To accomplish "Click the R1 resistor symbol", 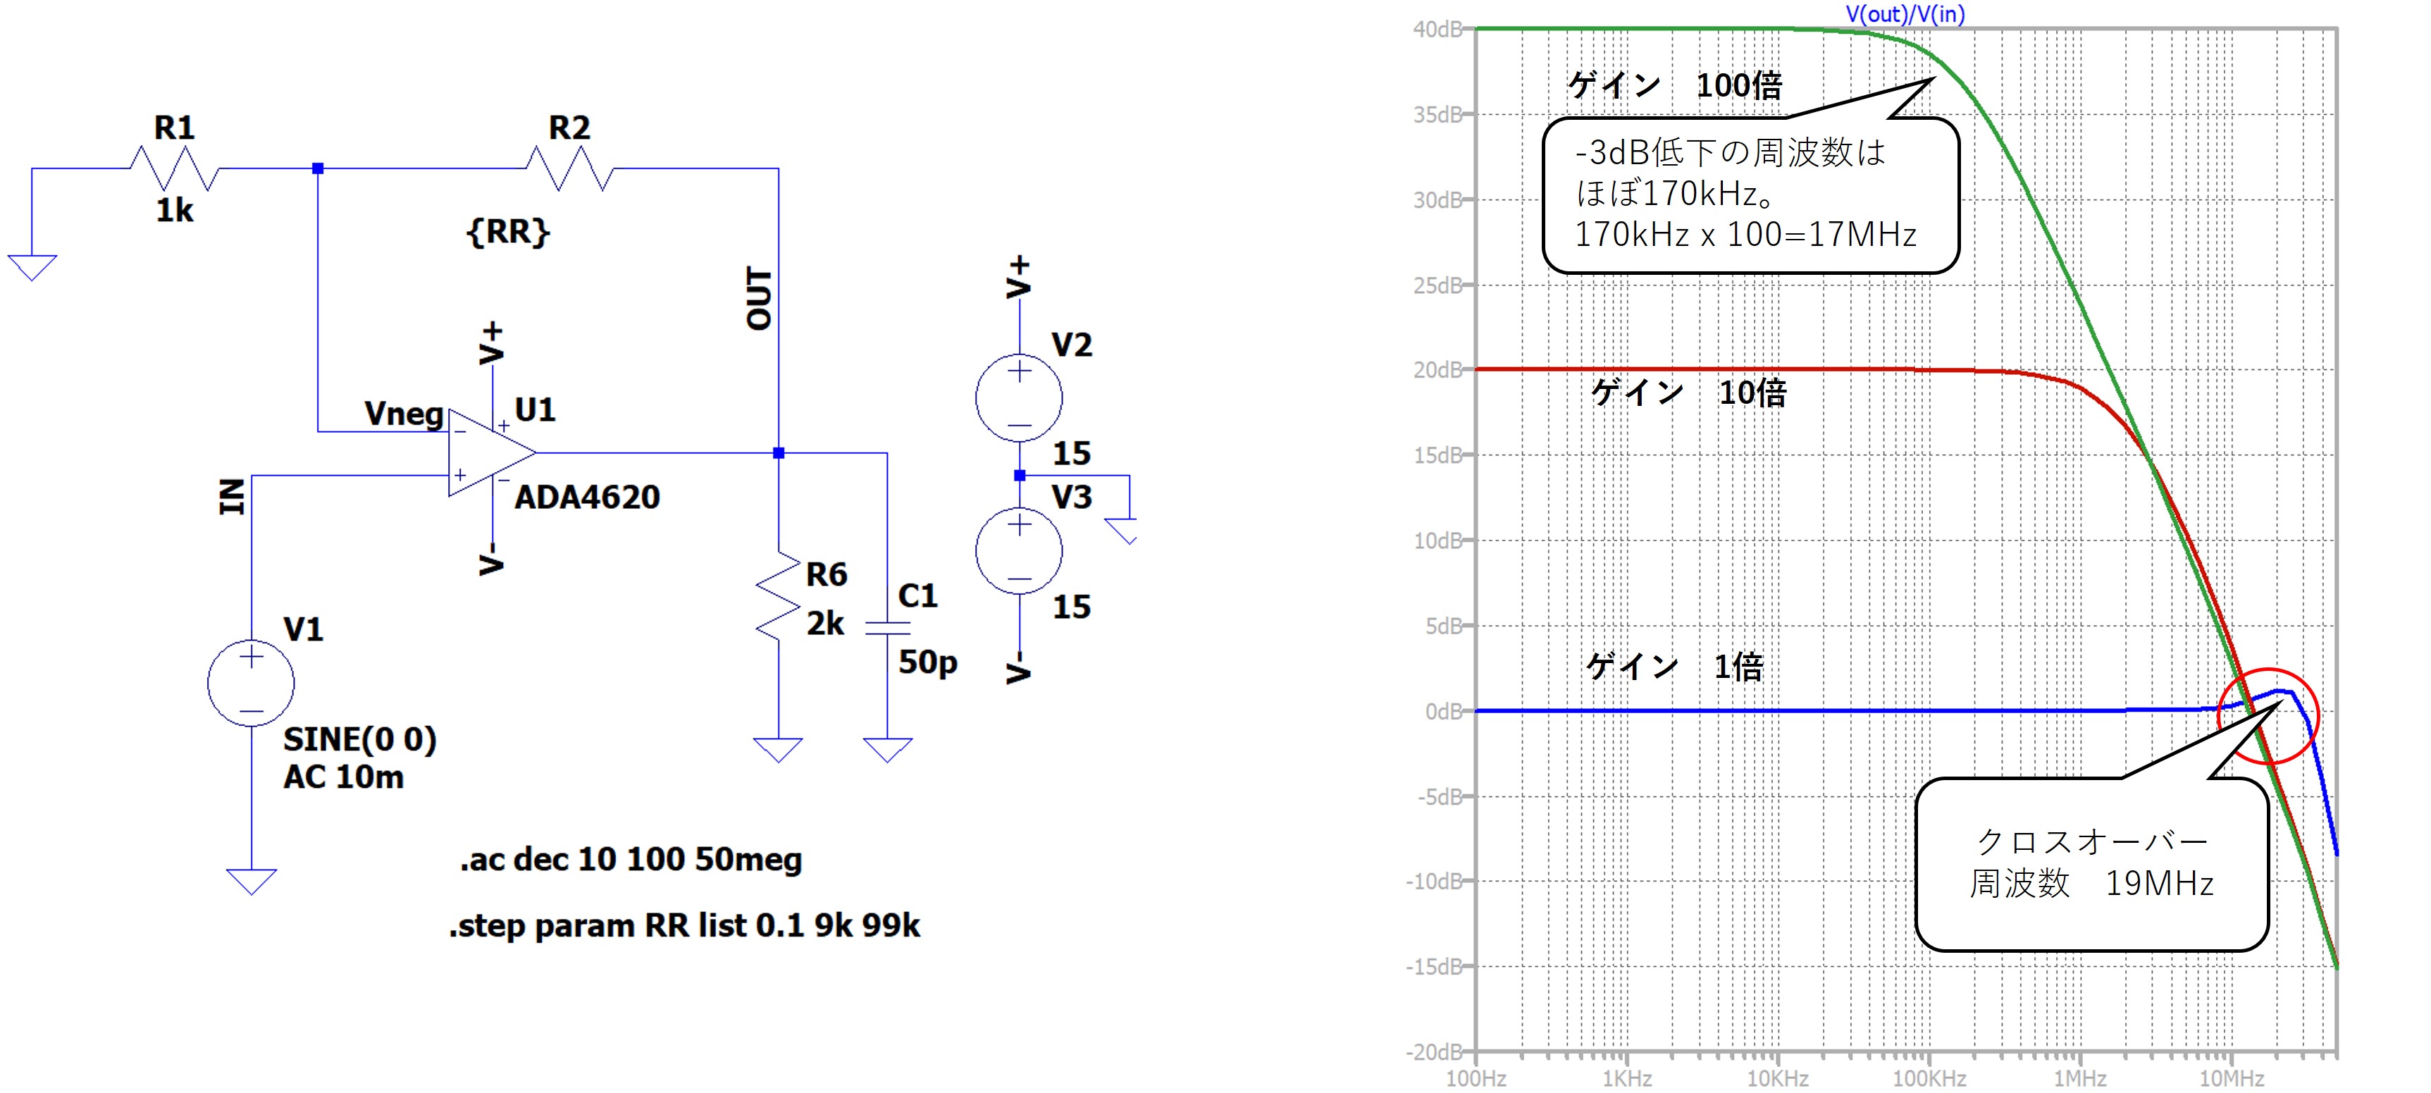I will coord(175,169).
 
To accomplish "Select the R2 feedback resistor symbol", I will coord(570,169).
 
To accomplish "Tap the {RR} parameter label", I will coord(508,231).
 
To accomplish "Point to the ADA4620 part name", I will coord(587,498).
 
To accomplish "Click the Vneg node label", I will coord(404,414).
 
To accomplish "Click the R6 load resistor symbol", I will coord(778,596).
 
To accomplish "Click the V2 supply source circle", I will coord(1019,398).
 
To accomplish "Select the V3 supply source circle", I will coord(1019,551).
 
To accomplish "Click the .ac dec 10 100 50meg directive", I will coord(631,860).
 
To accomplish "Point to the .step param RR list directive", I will coord(684,926).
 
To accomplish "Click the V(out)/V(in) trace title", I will coord(1905,14).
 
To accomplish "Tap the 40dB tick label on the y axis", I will coord(1436,30).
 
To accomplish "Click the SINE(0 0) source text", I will coord(359,739).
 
